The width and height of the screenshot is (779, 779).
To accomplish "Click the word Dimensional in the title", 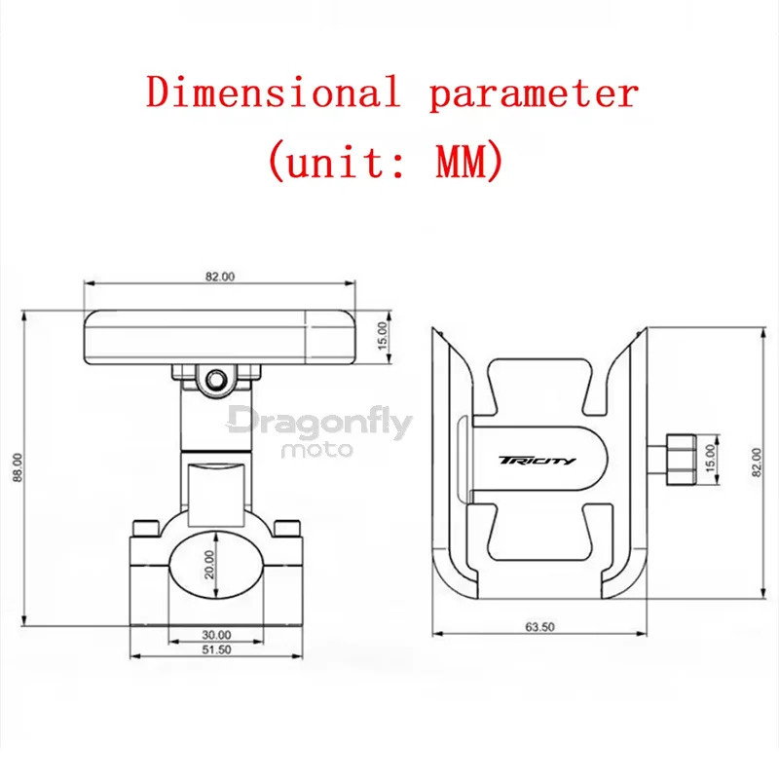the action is coord(274,92).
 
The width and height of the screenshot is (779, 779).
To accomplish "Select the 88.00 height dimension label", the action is coord(18,467).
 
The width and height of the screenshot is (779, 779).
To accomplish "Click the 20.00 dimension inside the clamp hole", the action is coord(209,565).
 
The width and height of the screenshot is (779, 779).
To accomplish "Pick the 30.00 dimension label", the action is coord(216,635).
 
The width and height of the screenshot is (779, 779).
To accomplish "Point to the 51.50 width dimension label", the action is coord(216,649).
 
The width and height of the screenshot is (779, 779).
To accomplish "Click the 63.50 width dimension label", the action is coord(539,626).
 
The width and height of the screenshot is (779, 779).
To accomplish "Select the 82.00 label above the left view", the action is coord(220,277).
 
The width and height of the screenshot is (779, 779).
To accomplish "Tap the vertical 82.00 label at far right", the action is coord(756,462).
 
